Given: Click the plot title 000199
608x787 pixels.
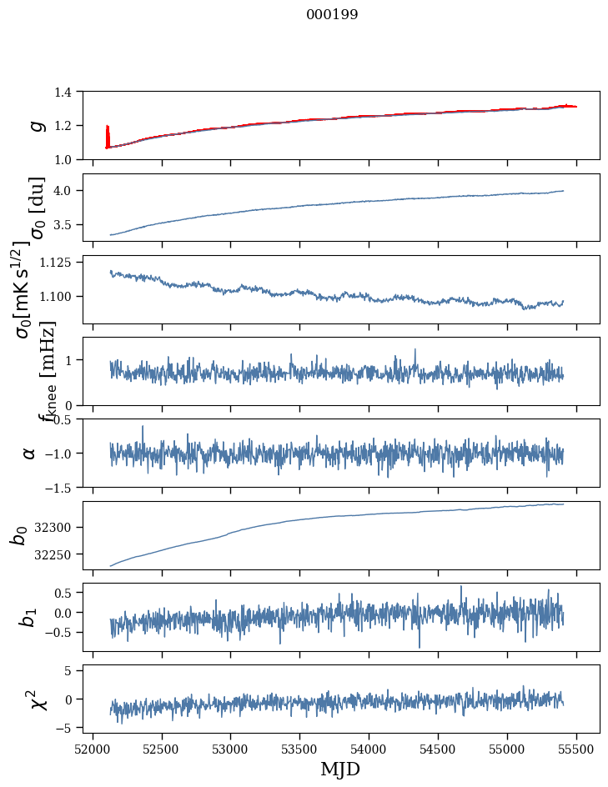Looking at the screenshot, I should tap(332, 15).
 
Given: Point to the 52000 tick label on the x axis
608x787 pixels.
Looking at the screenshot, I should tap(93, 748).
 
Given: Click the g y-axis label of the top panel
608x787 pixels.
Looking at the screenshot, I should tap(35, 125).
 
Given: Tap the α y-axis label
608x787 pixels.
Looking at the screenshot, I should tap(29, 453).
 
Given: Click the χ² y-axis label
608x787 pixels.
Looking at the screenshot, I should tap(37, 699).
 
